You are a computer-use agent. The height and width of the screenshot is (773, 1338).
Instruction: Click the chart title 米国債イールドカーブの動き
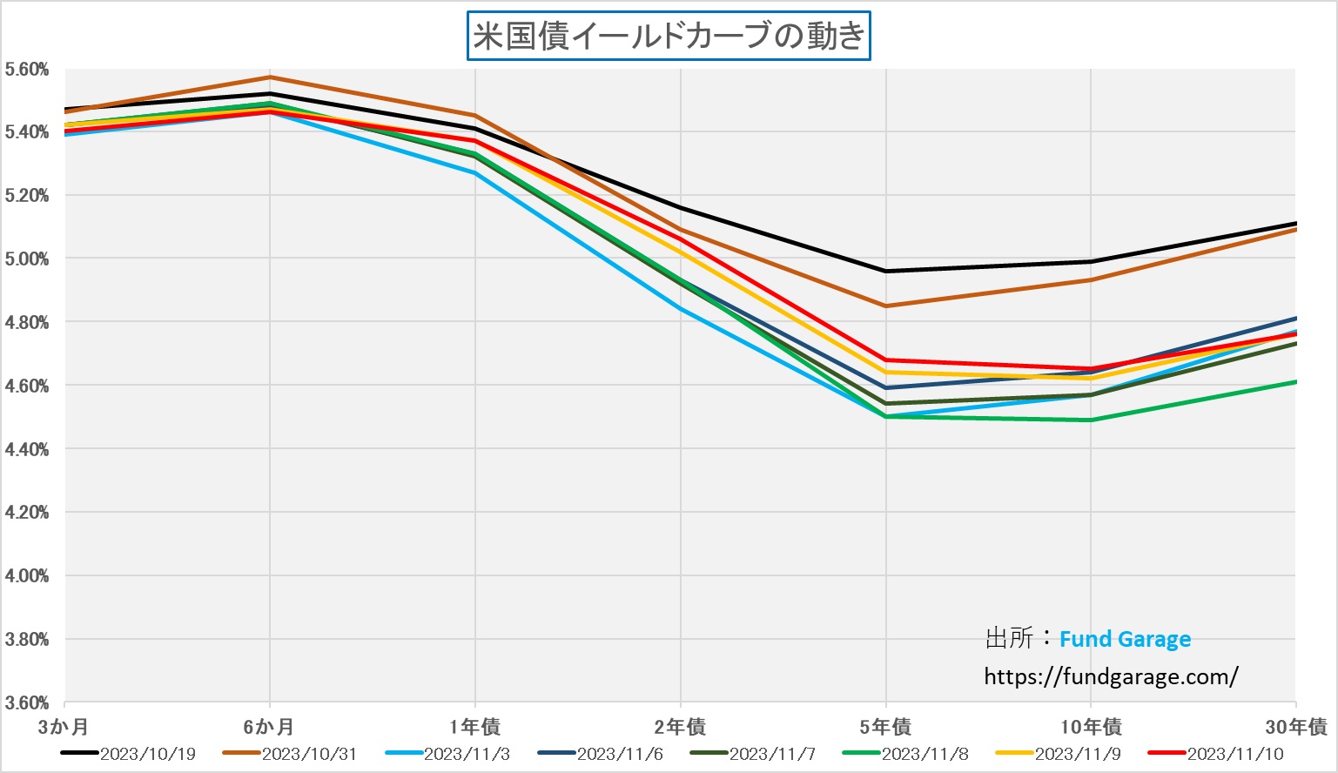click(669, 37)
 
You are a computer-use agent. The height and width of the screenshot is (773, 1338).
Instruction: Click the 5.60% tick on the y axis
click(26, 70)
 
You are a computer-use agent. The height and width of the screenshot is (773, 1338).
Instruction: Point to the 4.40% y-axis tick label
click(26, 449)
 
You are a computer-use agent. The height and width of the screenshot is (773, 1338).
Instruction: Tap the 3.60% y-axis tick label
click(26, 702)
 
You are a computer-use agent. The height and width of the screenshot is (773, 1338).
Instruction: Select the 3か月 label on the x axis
click(64, 726)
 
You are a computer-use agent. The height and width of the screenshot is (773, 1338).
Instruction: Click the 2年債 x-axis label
click(680, 726)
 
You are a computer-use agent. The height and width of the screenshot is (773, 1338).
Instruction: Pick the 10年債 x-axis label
click(1091, 726)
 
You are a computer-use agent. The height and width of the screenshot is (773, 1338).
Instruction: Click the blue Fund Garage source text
click(1125, 639)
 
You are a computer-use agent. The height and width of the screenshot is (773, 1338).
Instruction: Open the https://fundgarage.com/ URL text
click(1111, 676)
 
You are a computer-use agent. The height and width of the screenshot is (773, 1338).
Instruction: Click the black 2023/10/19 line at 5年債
click(886, 271)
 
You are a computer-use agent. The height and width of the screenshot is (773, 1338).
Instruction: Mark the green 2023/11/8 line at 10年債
click(1091, 420)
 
